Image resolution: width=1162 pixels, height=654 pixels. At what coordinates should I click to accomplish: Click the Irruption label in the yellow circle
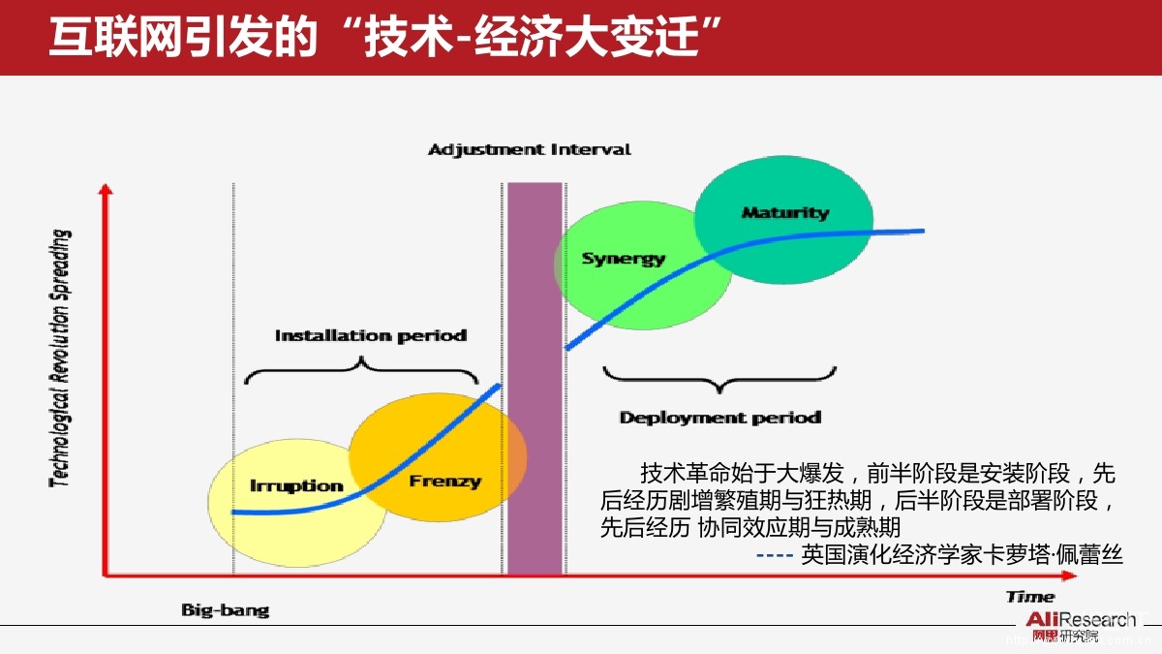(x=296, y=485)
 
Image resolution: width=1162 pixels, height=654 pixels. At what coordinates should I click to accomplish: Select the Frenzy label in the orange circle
(x=444, y=481)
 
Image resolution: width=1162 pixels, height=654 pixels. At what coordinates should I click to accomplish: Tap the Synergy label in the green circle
(x=623, y=259)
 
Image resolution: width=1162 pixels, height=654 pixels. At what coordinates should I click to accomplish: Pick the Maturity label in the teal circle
(x=785, y=212)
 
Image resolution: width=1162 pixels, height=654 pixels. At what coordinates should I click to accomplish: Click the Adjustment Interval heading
(x=529, y=149)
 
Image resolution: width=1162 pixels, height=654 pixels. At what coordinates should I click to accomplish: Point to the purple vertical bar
(x=535, y=378)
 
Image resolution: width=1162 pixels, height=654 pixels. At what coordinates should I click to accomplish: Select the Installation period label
(x=370, y=335)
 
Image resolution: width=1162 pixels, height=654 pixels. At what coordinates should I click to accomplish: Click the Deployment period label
(x=719, y=418)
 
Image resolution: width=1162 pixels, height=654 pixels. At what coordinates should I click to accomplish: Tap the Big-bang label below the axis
(x=225, y=610)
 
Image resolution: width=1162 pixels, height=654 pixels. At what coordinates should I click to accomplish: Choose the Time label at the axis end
(x=1029, y=597)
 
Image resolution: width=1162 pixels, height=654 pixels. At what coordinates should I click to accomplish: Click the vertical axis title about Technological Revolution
(x=61, y=358)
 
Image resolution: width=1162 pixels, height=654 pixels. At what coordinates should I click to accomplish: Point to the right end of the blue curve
(x=922, y=231)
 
